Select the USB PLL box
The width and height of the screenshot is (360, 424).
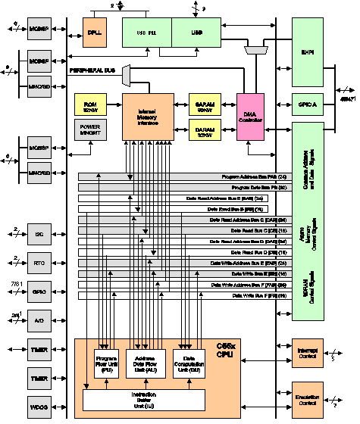pyautogui.click(x=146, y=31)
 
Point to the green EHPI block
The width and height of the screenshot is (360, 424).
pyautogui.click(x=318, y=51)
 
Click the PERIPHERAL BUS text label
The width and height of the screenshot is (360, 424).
pyautogui.click(x=92, y=70)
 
